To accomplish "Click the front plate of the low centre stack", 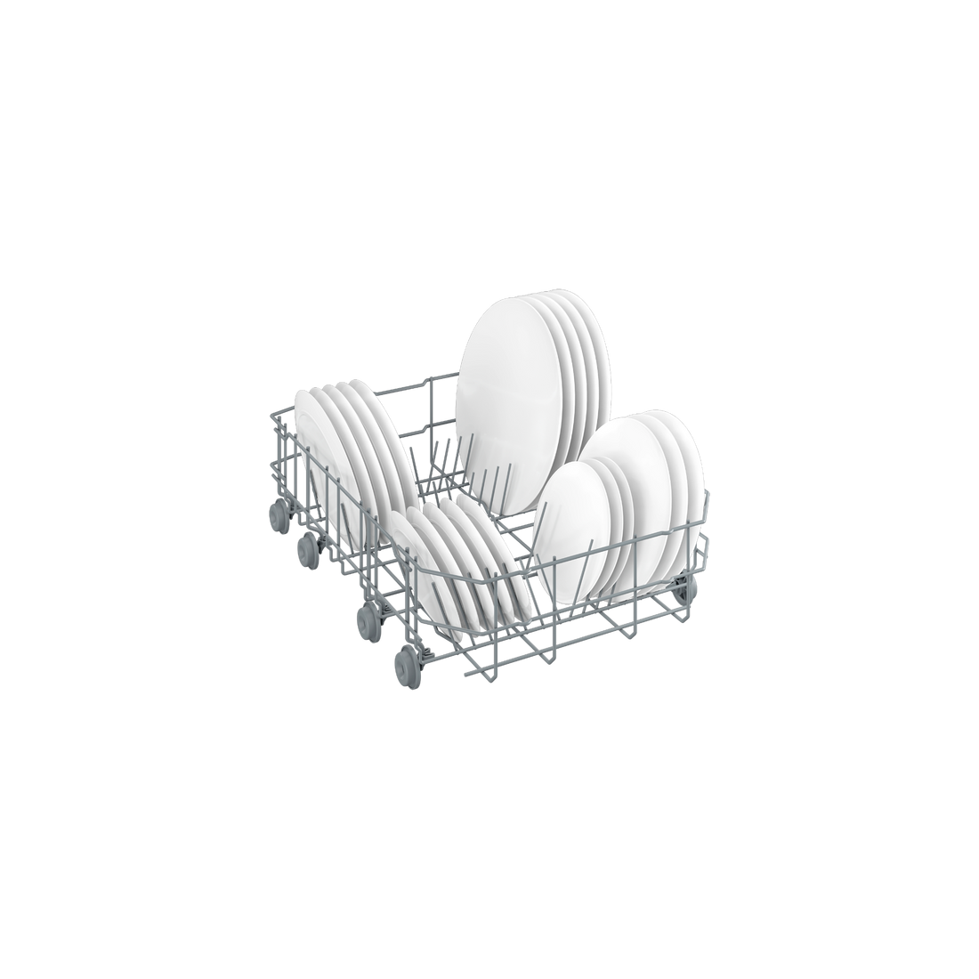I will coord(418,570).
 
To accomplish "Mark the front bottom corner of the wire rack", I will coord(463,676).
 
